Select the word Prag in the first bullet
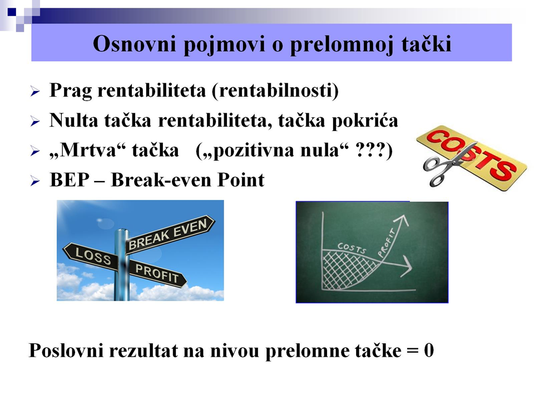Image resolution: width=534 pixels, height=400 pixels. click(71, 91)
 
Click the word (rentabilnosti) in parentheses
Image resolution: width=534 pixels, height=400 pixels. click(275, 91)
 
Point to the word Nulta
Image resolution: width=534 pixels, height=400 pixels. click(74, 121)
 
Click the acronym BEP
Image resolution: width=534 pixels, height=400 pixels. click(70, 180)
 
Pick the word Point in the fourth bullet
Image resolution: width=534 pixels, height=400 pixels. click(241, 180)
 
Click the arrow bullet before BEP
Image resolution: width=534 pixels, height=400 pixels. click(35, 181)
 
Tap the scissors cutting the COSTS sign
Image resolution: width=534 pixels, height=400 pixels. click(443, 166)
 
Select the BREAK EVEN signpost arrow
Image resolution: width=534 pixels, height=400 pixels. click(170, 234)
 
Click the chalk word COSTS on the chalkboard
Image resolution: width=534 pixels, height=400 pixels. click(352, 248)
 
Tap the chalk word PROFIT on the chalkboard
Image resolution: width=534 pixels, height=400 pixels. click(387, 243)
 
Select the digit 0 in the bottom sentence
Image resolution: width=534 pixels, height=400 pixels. click(429, 351)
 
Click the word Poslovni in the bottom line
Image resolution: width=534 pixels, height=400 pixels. click(66, 351)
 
